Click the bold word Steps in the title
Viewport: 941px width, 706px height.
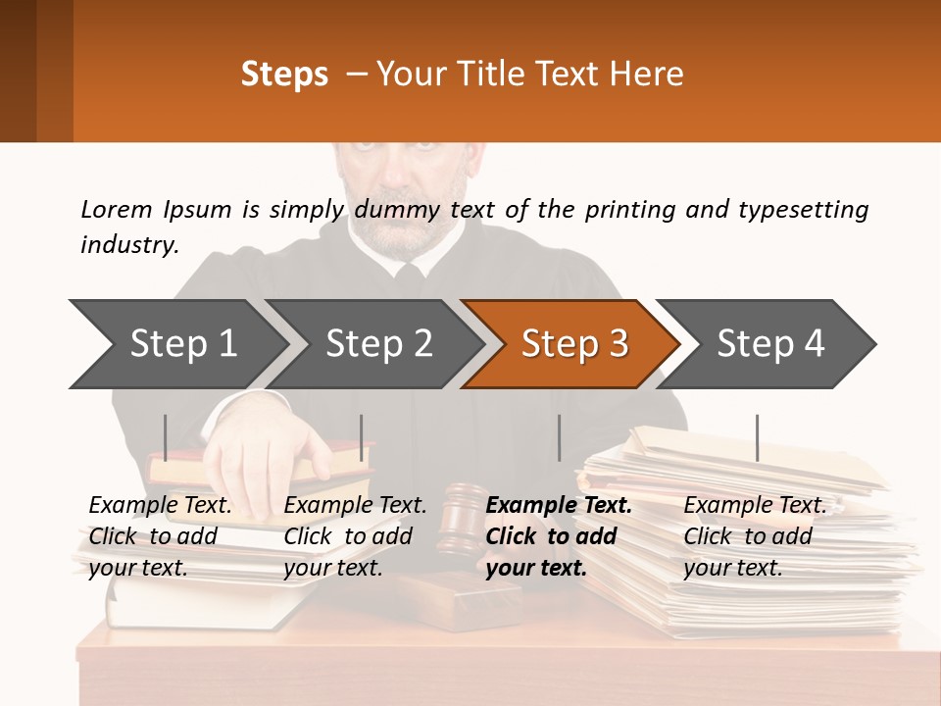[x=284, y=75]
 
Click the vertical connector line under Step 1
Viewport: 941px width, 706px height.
[x=166, y=437]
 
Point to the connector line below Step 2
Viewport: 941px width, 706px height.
[x=362, y=437]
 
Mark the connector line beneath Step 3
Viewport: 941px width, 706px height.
[x=559, y=437]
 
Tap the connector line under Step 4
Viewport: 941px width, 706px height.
[x=757, y=437]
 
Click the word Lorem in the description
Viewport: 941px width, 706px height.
[x=117, y=209]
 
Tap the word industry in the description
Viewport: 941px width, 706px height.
[x=128, y=245]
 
